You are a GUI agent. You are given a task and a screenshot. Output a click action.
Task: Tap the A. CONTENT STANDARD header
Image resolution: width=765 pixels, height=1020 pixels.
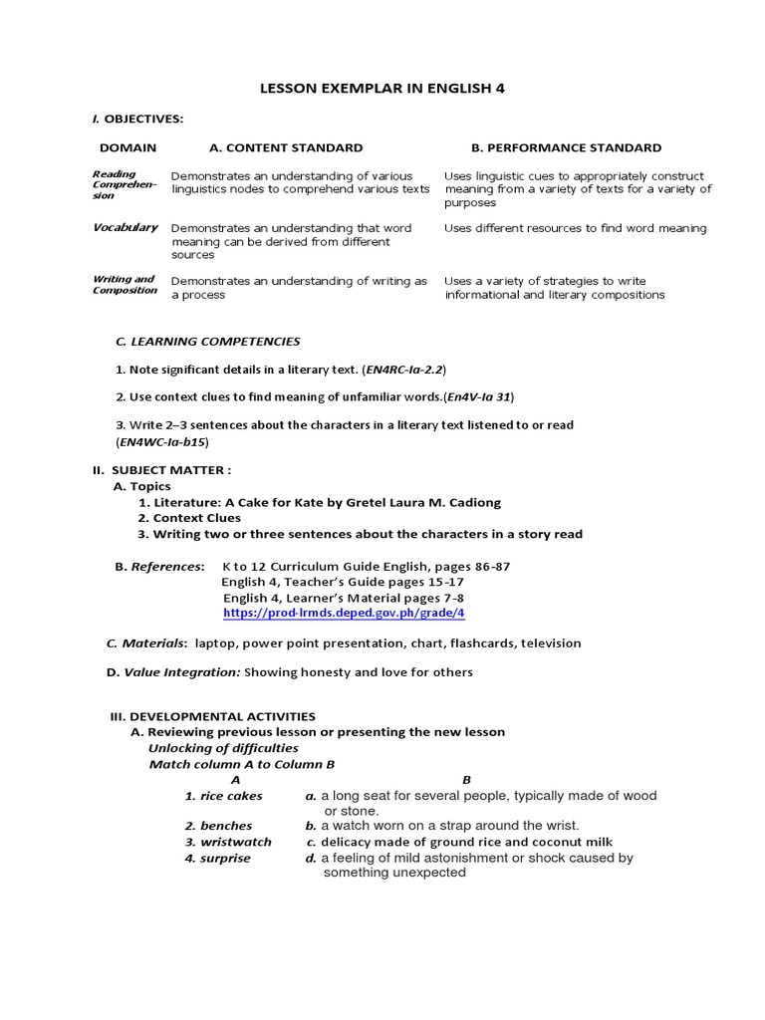tap(286, 147)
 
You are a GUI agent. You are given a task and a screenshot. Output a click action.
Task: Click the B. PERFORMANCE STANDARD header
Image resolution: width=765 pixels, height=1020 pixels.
tap(566, 147)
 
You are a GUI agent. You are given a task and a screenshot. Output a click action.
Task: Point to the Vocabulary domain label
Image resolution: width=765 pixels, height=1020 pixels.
tap(126, 227)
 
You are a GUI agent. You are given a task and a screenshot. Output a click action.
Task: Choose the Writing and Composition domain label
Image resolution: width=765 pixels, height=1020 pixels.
tap(125, 285)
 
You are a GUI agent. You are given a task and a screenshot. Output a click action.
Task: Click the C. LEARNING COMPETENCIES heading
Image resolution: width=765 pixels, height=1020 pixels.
tap(207, 342)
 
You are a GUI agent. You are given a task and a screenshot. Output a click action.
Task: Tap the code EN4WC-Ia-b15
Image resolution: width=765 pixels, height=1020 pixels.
tap(163, 441)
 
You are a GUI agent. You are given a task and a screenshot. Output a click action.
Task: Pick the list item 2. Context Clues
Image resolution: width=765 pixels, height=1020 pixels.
tap(189, 518)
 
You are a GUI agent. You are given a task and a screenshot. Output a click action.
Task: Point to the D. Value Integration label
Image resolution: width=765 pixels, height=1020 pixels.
tap(172, 672)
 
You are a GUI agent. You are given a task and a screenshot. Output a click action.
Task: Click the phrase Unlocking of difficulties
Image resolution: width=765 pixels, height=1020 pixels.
tap(223, 748)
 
